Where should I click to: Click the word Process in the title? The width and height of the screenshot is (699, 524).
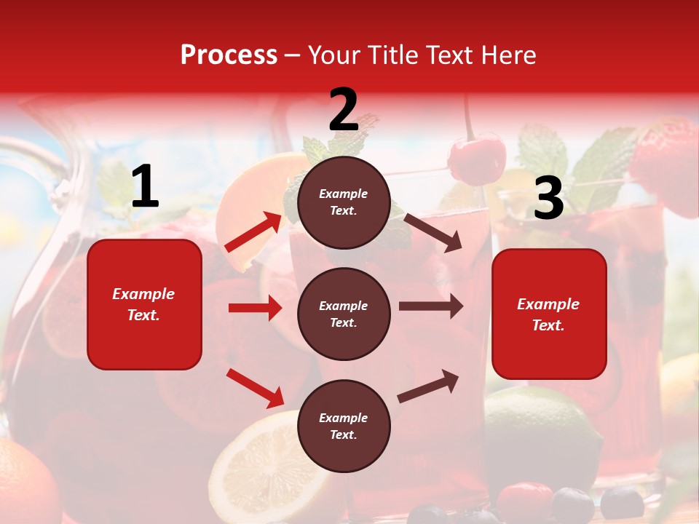pos(229,55)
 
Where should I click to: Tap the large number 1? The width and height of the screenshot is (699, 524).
pos(145,187)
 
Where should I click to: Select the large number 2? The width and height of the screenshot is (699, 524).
pos(344,110)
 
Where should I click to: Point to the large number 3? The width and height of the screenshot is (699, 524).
pos(548,199)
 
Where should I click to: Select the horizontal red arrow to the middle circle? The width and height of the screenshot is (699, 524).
pos(255,308)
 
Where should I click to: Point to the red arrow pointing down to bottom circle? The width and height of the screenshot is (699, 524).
pos(256,387)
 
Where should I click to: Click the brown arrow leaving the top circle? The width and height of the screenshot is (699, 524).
pos(433,232)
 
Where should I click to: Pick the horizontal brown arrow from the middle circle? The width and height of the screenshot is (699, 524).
pos(431,306)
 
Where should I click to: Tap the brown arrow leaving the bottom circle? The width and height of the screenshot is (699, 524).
pos(428,386)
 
